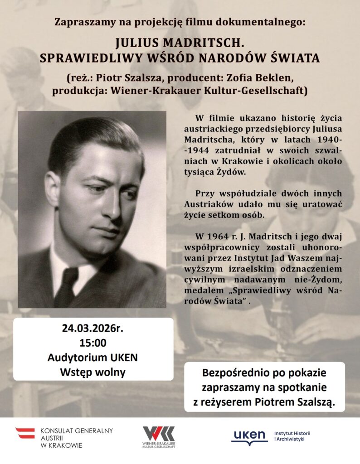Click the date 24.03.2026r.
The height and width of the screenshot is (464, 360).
[x=93, y=328]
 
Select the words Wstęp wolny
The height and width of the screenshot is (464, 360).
[x=93, y=372]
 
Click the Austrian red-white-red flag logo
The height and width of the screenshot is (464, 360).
[x=25, y=433]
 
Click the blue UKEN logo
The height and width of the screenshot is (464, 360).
[x=249, y=436]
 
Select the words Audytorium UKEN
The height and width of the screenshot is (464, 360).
[x=93, y=358]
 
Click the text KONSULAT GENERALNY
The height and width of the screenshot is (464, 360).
[x=77, y=430]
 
